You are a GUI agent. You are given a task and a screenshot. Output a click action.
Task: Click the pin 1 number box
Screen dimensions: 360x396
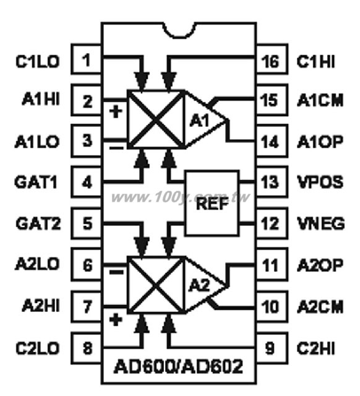tap(87, 59)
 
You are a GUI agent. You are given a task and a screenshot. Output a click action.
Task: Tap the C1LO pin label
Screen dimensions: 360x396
tap(37, 61)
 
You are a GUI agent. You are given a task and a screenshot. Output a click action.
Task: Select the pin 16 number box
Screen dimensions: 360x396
tap(272, 59)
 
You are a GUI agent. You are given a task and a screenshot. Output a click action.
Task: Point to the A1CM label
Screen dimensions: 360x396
tap(320, 100)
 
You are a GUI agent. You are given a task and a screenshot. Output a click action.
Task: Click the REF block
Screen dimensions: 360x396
tap(212, 204)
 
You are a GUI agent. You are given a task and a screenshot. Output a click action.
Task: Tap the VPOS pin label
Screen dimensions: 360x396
tap(320, 182)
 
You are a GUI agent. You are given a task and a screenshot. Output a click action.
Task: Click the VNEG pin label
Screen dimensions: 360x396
tap(320, 223)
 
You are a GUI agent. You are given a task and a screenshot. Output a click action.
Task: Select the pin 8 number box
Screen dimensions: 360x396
tap(87, 348)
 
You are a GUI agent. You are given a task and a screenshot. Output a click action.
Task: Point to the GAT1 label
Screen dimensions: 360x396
tap(36, 182)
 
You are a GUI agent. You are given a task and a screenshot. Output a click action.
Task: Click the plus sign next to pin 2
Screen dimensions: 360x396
tap(116, 111)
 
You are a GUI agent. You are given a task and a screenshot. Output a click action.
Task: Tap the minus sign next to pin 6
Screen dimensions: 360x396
tap(116, 272)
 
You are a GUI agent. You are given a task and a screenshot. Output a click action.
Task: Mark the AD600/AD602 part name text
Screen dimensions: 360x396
tap(178, 366)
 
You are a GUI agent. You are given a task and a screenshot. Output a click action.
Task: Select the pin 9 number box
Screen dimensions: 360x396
tap(272, 348)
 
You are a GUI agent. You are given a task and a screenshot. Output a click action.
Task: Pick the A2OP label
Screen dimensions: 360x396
tap(320, 265)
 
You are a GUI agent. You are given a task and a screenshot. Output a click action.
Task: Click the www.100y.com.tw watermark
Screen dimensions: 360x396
tap(180, 197)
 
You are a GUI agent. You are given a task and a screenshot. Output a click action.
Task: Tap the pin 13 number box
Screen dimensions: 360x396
tap(272, 181)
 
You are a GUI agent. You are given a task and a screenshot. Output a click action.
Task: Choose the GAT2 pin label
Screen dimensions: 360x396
tap(38, 223)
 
